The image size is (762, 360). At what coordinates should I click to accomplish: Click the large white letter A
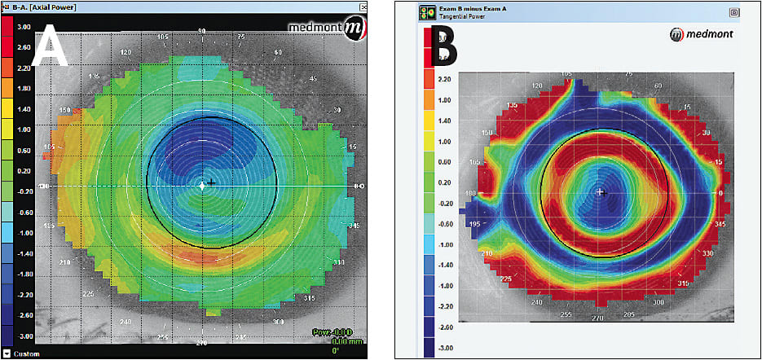click(x=49, y=48)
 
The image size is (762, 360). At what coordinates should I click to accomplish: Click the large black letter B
click(x=445, y=49)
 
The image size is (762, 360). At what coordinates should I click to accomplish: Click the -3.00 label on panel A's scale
click(x=24, y=336)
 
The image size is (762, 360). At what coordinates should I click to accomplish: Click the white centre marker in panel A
click(x=203, y=186)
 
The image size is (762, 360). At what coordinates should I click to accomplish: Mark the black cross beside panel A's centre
click(x=212, y=182)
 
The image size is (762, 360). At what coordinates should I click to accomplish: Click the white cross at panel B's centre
click(x=601, y=192)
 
